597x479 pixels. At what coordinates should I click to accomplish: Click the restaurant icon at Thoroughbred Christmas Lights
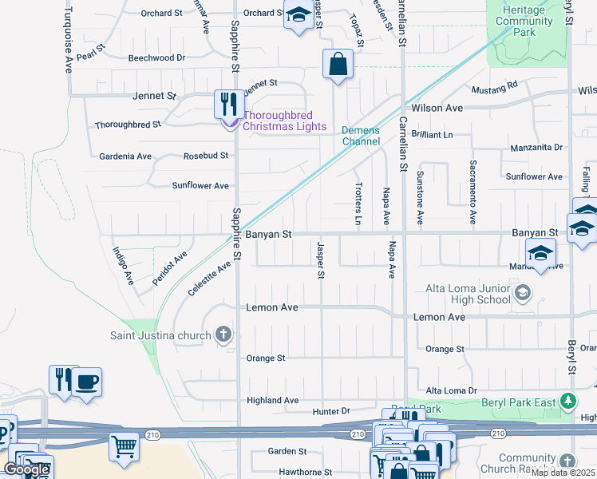coord(229,104)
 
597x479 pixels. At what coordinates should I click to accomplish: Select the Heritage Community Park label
coord(524,20)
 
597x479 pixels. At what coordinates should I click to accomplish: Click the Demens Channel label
coord(361,136)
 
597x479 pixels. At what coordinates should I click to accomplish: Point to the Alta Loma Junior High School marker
coord(523,293)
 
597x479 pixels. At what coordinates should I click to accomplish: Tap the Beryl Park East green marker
coord(567,401)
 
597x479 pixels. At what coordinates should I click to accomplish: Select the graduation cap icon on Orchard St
coord(298,16)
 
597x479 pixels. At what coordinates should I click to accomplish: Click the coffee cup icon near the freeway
coord(86,382)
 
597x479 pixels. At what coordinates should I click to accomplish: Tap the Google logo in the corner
coord(26,469)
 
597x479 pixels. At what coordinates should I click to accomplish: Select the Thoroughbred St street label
coord(128,125)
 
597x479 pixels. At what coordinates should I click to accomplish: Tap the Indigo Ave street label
coord(122,267)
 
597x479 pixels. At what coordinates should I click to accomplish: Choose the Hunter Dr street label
coord(331,411)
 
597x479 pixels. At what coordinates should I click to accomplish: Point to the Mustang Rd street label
coord(494,84)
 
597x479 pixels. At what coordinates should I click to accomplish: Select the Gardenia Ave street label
coord(125,156)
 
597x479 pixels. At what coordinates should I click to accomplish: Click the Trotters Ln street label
coord(358,202)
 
